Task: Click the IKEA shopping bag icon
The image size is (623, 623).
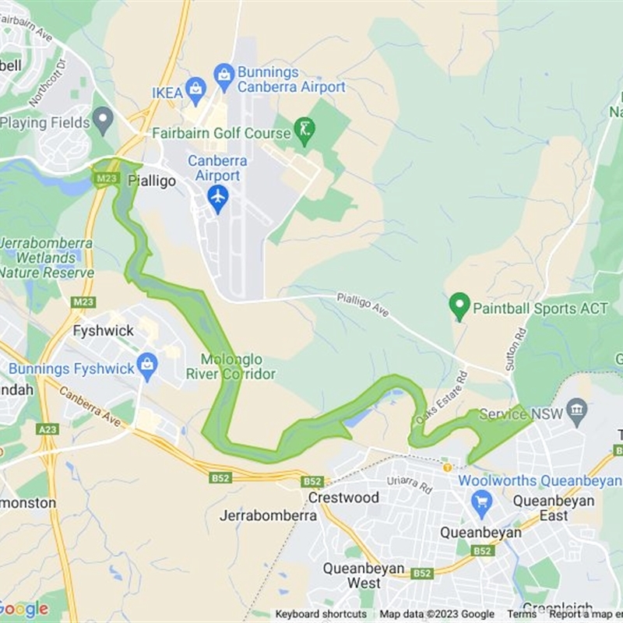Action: (x=195, y=92)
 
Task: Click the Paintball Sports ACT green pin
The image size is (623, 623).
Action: (x=460, y=306)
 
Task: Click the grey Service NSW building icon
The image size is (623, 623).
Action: (x=577, y=410)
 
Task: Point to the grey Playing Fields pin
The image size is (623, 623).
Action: (x=102, y=120)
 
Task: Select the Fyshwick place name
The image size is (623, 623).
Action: (x=103, y=331)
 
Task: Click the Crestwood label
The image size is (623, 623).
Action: (x=343, y=497)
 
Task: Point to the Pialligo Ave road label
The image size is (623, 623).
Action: (x=362, y=304)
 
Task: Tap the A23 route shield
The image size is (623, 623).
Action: (x=48, y=429)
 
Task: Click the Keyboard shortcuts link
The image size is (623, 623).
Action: (x=321, y=614)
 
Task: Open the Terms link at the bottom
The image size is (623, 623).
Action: (x=522, y=614)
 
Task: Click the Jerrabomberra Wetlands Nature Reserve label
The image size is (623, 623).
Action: (x=47, y=258)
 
